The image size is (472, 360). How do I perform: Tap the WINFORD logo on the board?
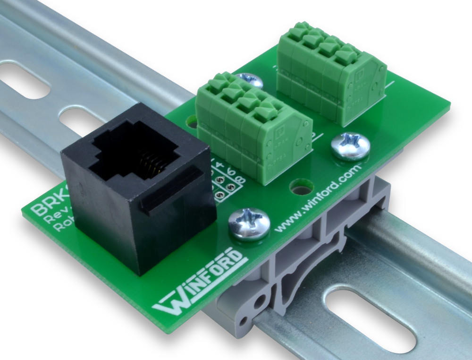198,283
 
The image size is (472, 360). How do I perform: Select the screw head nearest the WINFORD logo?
249,222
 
